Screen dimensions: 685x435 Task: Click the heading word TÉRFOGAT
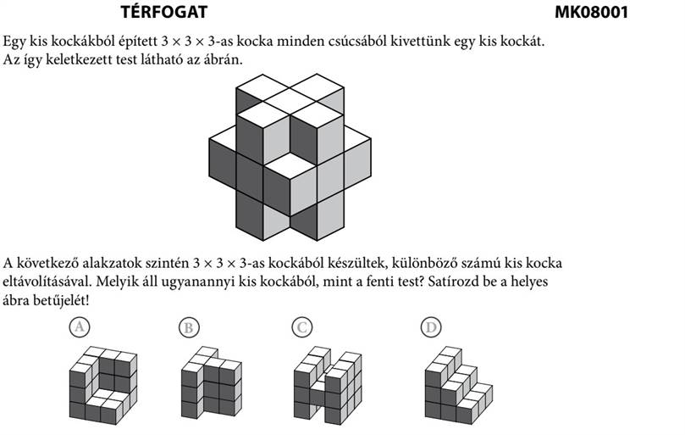163,11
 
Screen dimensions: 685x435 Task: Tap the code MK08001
591,12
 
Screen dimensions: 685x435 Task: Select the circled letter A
80,327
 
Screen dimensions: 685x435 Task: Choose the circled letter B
189,327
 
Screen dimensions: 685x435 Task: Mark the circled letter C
302,327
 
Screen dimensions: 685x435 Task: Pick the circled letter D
431,327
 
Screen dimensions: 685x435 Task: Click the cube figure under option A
103,386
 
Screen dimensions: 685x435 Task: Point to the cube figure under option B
212,382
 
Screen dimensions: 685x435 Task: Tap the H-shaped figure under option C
328,386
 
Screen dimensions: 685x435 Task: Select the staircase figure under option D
459,386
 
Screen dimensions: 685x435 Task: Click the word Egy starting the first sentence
14,42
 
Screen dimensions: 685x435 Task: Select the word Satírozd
454,281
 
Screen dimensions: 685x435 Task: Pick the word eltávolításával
47,282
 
